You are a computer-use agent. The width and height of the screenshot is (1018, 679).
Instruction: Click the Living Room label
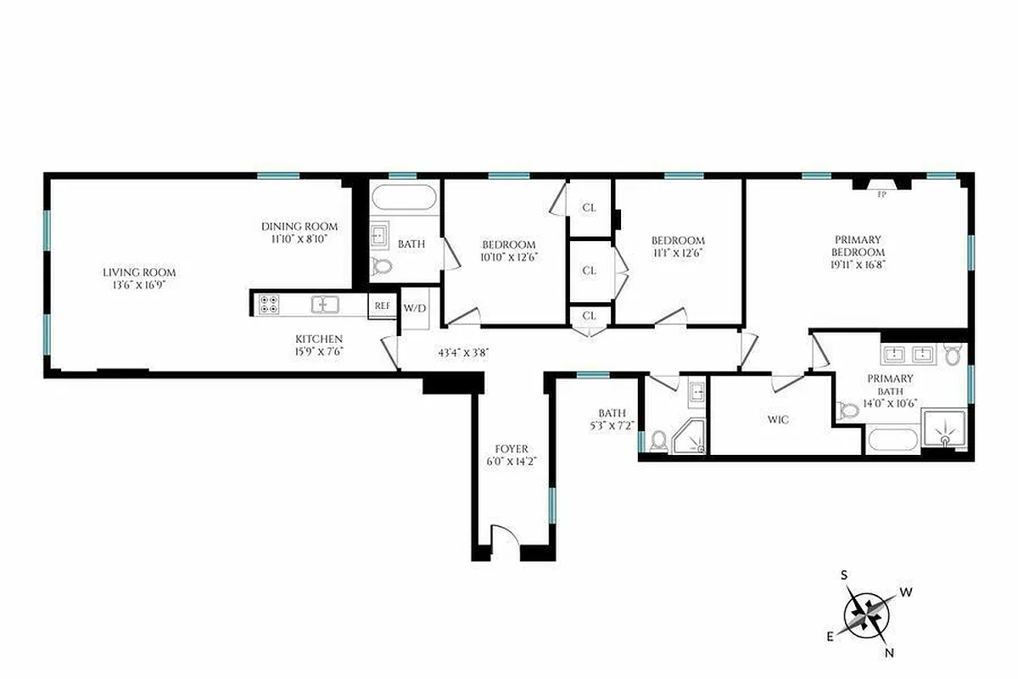[139, 272]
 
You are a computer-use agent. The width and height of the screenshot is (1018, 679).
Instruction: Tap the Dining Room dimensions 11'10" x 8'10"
[299, 239]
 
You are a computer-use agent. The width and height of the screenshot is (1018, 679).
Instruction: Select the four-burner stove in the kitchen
[269, 304]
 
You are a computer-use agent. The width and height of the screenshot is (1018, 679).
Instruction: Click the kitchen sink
[324, 304]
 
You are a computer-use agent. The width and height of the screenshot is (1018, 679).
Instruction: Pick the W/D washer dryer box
[415, 308]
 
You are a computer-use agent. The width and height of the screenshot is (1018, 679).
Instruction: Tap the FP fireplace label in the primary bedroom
[881, 193]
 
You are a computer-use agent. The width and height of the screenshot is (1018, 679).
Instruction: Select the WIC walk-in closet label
[778, 420]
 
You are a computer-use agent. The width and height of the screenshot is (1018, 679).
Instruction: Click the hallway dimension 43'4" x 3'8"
[463, 351]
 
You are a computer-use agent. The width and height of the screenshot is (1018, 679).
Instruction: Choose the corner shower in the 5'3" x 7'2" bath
[688, 436]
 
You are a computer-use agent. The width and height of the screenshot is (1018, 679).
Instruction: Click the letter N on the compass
[888, 653]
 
